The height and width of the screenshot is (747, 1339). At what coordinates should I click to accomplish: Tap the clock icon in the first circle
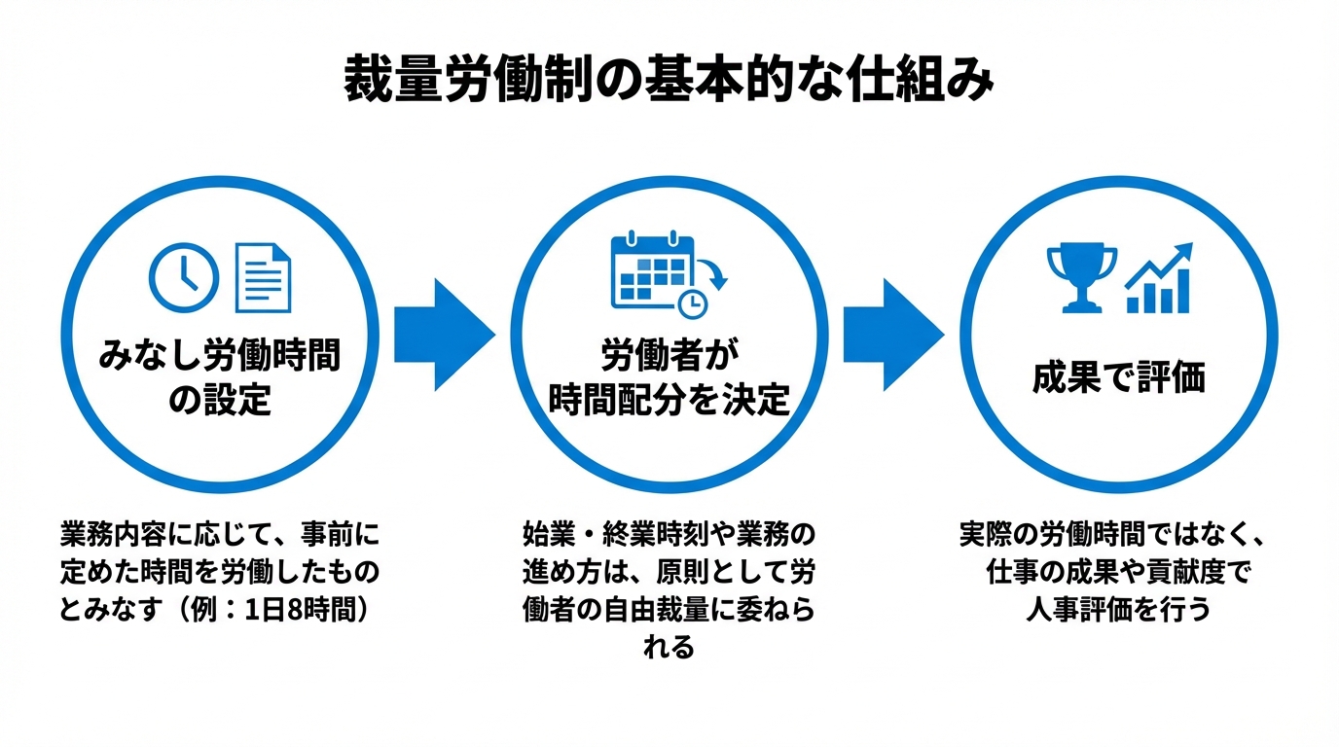183,275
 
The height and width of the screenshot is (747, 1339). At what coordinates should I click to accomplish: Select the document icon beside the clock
264,277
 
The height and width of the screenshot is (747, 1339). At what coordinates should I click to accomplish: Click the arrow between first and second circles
444,335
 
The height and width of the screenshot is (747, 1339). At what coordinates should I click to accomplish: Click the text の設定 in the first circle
220,401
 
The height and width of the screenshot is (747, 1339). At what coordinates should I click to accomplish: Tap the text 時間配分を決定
669,401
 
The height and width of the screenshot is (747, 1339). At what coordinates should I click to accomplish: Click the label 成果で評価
1118,378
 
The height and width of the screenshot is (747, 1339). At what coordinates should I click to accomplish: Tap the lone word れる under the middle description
669,647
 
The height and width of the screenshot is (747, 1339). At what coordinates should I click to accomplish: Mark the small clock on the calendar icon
693,303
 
